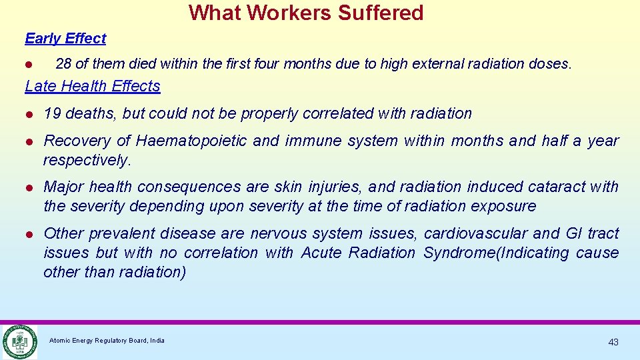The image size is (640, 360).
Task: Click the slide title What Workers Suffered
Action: (306, 13)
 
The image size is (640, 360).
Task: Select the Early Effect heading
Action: (65, 39)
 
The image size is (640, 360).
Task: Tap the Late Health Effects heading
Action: (93, 86)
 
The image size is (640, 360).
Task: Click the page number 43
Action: (613, 342)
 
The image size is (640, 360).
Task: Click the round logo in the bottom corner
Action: (19, 341)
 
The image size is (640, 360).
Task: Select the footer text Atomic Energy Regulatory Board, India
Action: (107, 341)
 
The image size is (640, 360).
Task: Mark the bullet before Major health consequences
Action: (29, 187)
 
